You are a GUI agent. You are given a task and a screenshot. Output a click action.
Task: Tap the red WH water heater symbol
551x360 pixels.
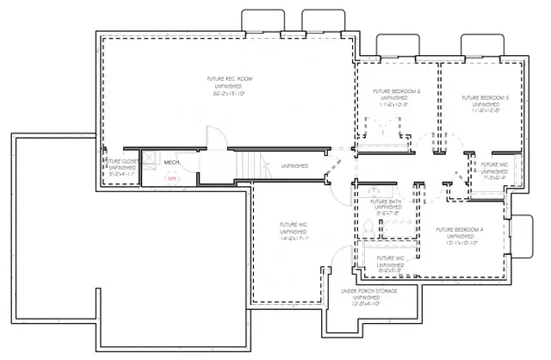[x=171, y=178]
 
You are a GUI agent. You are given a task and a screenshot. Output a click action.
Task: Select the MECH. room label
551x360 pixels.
[x=171, y=161]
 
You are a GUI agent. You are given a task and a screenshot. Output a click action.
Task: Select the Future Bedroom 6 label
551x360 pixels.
[x=396, y=91]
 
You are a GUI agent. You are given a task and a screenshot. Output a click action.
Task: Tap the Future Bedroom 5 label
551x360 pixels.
[x=485, y=97]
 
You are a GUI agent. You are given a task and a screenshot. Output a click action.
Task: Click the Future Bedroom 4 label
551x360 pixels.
[x=461, y=230]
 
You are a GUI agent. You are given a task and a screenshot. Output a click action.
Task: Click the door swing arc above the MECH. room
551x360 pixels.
[x=214, y=137]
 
